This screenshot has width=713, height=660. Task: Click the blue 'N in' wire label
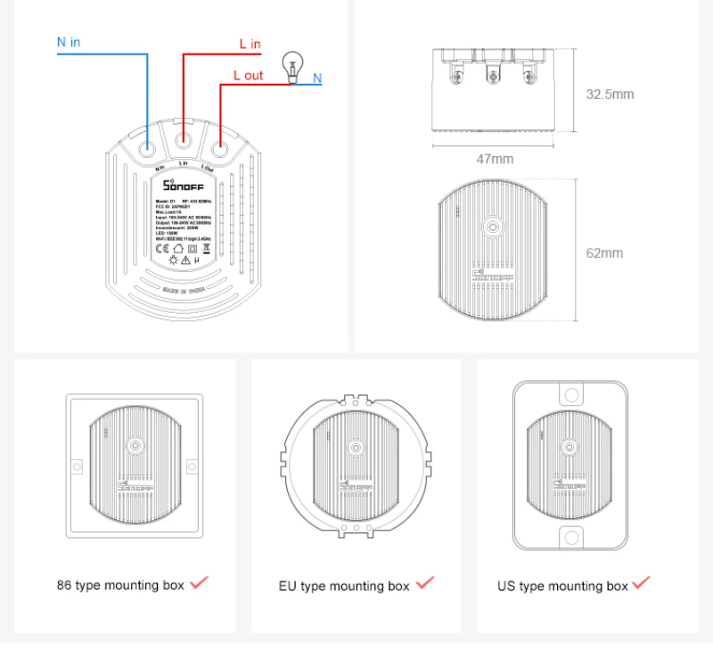69,42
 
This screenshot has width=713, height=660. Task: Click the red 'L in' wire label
250,44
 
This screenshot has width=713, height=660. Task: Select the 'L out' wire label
248,75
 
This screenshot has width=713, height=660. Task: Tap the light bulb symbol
290,66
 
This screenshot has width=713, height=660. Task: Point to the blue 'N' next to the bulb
317,78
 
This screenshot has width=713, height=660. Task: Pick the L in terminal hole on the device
183,140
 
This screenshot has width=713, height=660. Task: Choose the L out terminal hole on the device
219,141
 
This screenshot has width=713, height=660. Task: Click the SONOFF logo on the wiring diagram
183,185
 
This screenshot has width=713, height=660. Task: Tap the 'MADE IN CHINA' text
183,291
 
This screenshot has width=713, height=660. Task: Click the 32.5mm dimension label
610,94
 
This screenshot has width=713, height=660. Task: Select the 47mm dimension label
495,159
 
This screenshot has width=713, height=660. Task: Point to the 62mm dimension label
604,253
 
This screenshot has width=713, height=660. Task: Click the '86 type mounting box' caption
120,585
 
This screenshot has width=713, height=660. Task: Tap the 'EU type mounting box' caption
344,586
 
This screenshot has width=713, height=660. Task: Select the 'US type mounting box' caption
562,586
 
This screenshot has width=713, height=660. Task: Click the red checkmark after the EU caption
425,583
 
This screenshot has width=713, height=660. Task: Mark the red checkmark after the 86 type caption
199,582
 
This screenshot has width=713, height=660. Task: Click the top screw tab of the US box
570,393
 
